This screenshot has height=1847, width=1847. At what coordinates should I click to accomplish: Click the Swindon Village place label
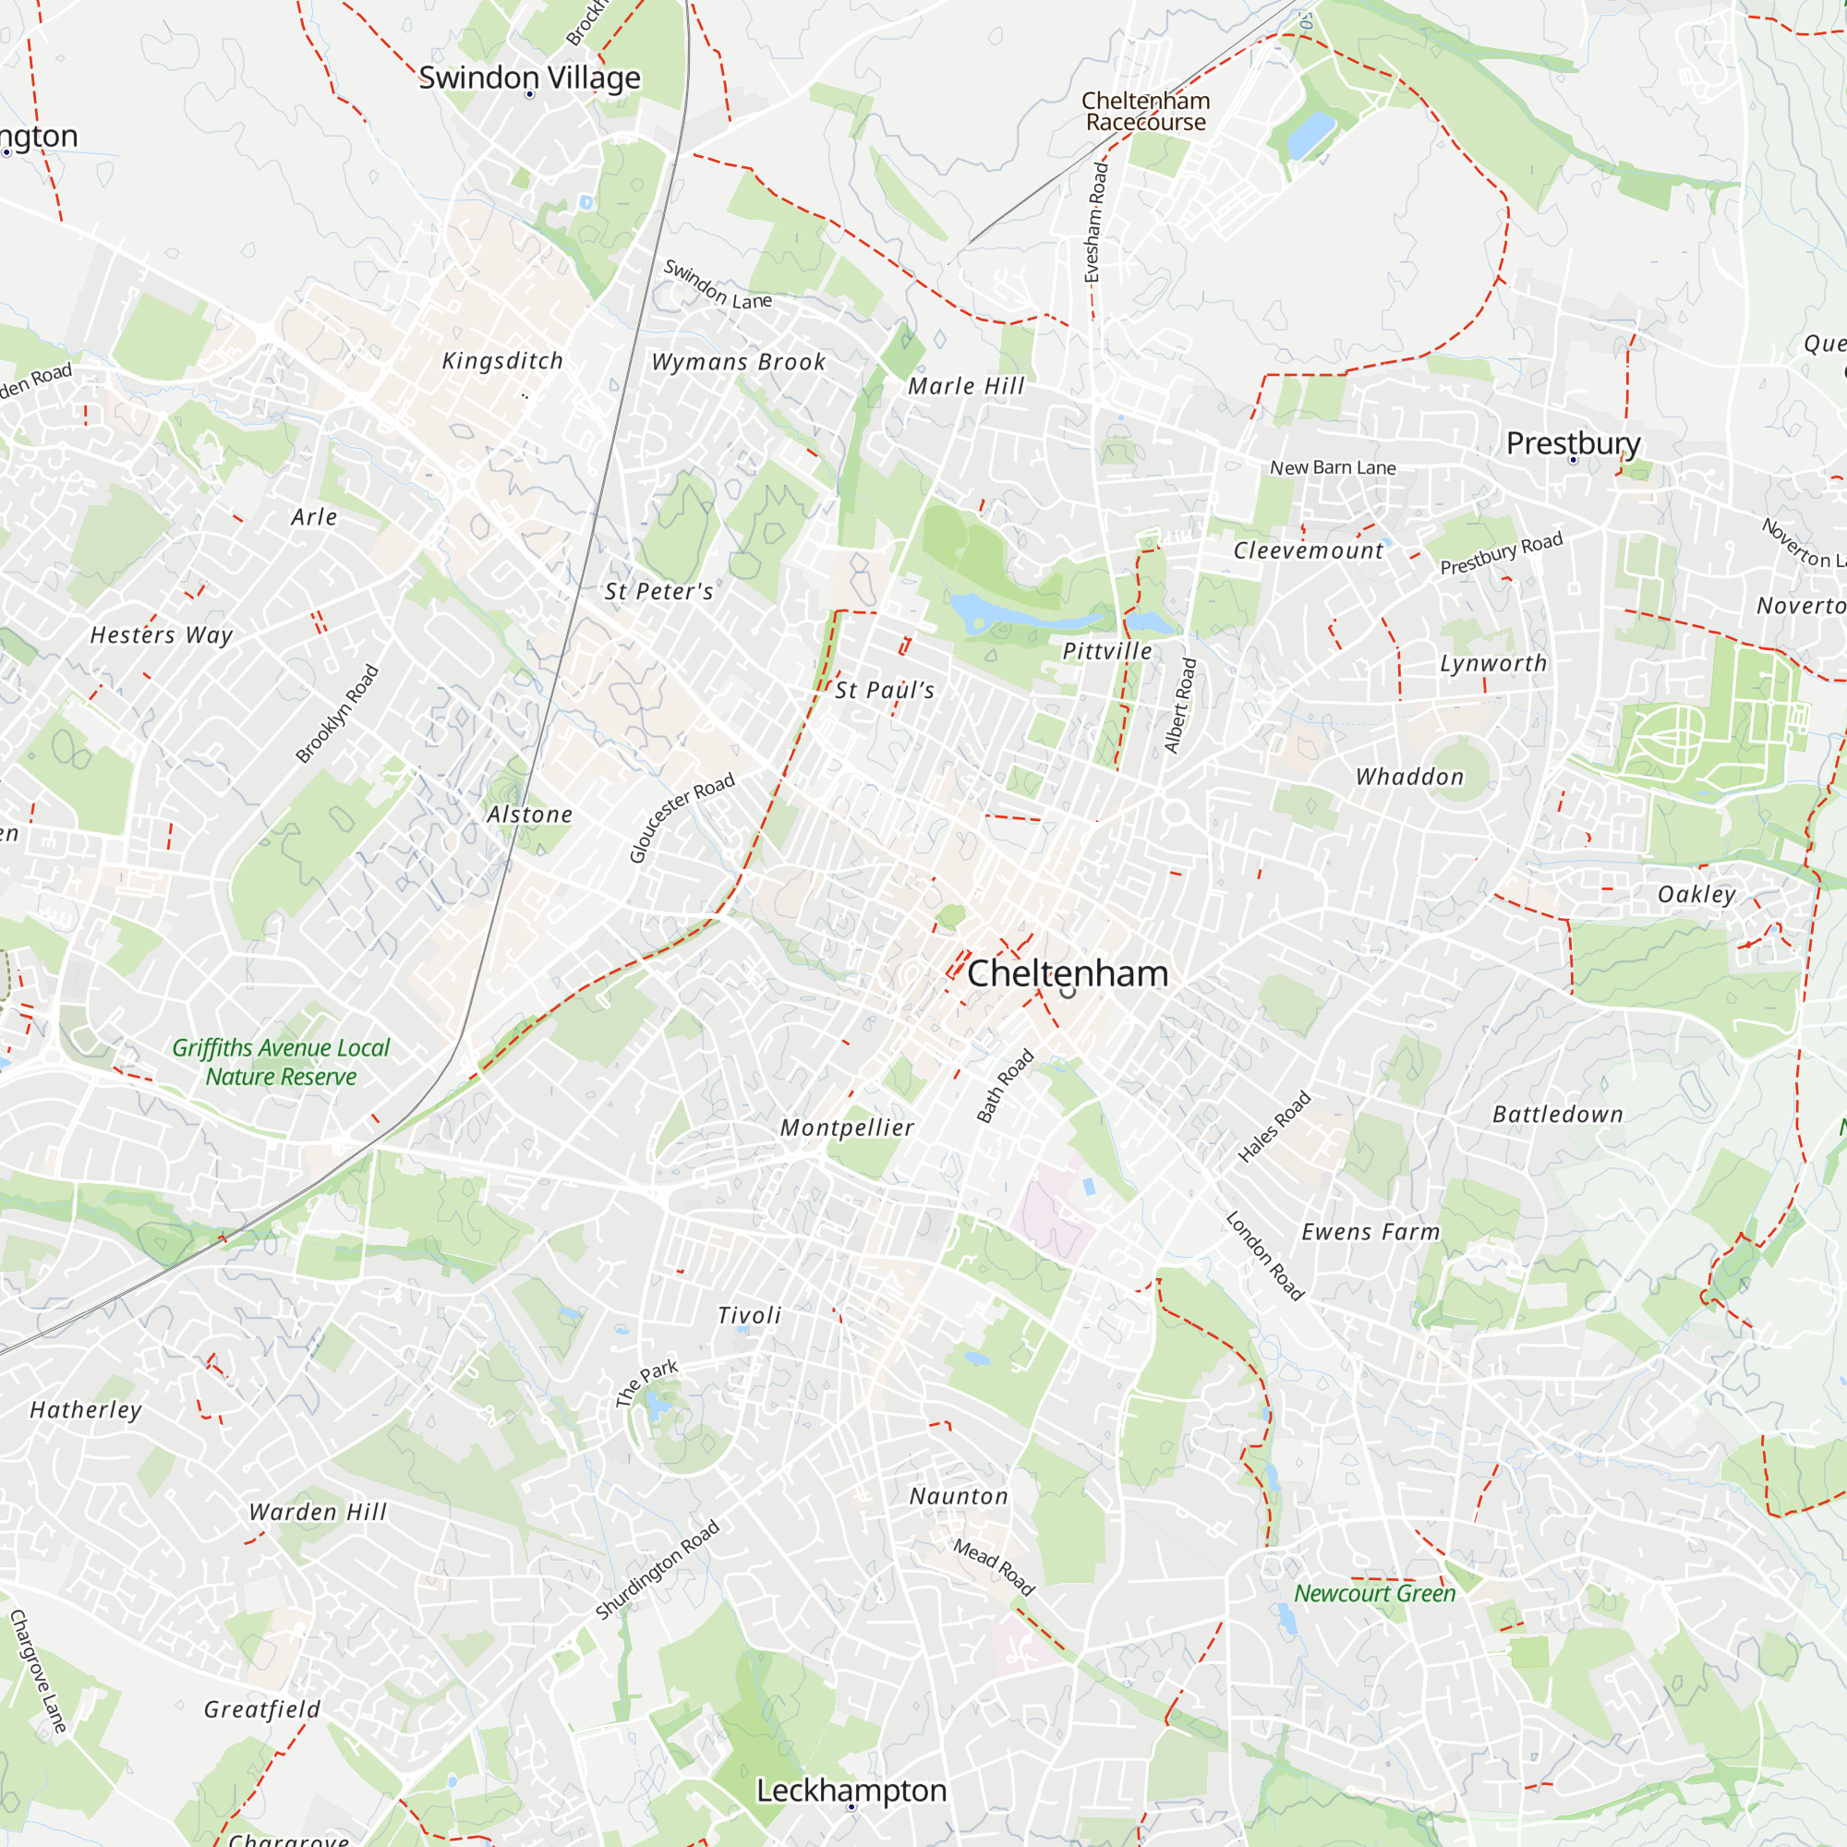pos(529,78)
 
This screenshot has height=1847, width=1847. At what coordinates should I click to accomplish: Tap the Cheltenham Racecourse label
pos(1145,111)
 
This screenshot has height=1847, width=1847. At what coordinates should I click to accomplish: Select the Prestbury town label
pos(1573,442)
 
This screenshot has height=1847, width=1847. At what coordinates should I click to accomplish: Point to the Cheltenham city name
pos(1067,973)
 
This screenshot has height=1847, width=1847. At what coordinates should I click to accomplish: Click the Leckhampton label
pos(851,1790)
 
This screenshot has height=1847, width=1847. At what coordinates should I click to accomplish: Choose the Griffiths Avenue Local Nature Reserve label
pos(281,1062)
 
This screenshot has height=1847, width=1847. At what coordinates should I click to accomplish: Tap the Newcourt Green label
pos(1374,1594)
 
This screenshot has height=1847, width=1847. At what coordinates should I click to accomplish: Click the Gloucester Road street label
pos(682,817)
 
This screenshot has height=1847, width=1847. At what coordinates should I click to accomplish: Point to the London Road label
pos(1265,1256)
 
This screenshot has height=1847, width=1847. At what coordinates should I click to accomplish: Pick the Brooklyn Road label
pos(336,714)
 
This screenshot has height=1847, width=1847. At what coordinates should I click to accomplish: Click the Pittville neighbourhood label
pos(1107,651)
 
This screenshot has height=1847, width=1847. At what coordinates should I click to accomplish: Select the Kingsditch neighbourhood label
pos(501,360)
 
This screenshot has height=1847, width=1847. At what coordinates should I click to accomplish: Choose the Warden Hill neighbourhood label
pos(318,1512)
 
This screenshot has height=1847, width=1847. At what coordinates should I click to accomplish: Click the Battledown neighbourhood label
pos(1557,1114)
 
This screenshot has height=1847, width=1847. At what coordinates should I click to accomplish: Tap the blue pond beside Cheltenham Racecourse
pos(1310,134)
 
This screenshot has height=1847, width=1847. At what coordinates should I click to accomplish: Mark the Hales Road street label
pos(1274,1127)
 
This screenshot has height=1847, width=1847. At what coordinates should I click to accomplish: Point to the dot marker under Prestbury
pos(1573,460)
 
